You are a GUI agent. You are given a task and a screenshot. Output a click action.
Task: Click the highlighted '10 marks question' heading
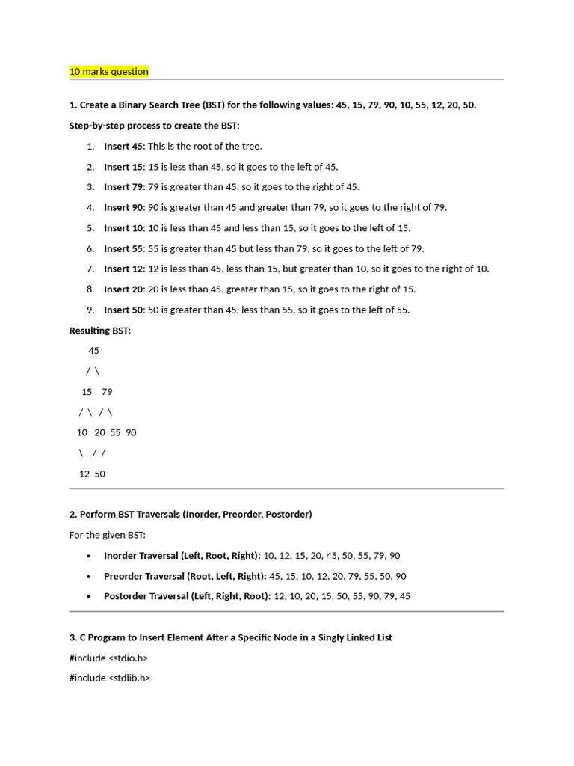tap(109, 72)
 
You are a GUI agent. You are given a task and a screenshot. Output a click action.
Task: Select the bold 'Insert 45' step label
tap(123, 147)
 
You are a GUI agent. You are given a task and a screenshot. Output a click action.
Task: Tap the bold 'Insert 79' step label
tap(123, 187)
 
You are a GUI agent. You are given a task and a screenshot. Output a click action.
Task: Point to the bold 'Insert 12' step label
tap(123, 269)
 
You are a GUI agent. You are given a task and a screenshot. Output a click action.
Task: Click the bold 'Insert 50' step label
tap(123, 310)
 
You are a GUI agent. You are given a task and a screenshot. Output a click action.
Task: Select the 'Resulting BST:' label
tap(100, 331)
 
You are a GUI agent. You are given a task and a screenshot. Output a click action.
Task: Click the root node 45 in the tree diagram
tap(93, 351)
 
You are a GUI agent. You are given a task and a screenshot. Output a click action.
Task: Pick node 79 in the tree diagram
tap(107, 392)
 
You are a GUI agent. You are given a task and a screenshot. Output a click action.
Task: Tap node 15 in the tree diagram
tap(87, 392)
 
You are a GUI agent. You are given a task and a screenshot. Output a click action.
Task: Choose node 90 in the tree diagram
tap(131, 432)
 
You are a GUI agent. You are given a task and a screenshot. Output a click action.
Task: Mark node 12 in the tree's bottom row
tap(84, 474)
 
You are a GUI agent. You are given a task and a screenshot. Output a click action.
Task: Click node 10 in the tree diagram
tap(82, 432)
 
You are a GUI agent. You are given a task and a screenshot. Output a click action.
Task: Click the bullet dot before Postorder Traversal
tap(89, 597)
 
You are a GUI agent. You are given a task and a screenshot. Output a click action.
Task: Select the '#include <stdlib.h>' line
tap(110, 678)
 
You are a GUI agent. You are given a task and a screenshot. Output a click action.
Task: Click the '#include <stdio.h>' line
tap(108, 658)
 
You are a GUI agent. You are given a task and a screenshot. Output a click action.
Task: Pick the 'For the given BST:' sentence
tap(108, 535)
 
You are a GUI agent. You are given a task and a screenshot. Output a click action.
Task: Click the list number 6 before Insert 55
tap(90, 249)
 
